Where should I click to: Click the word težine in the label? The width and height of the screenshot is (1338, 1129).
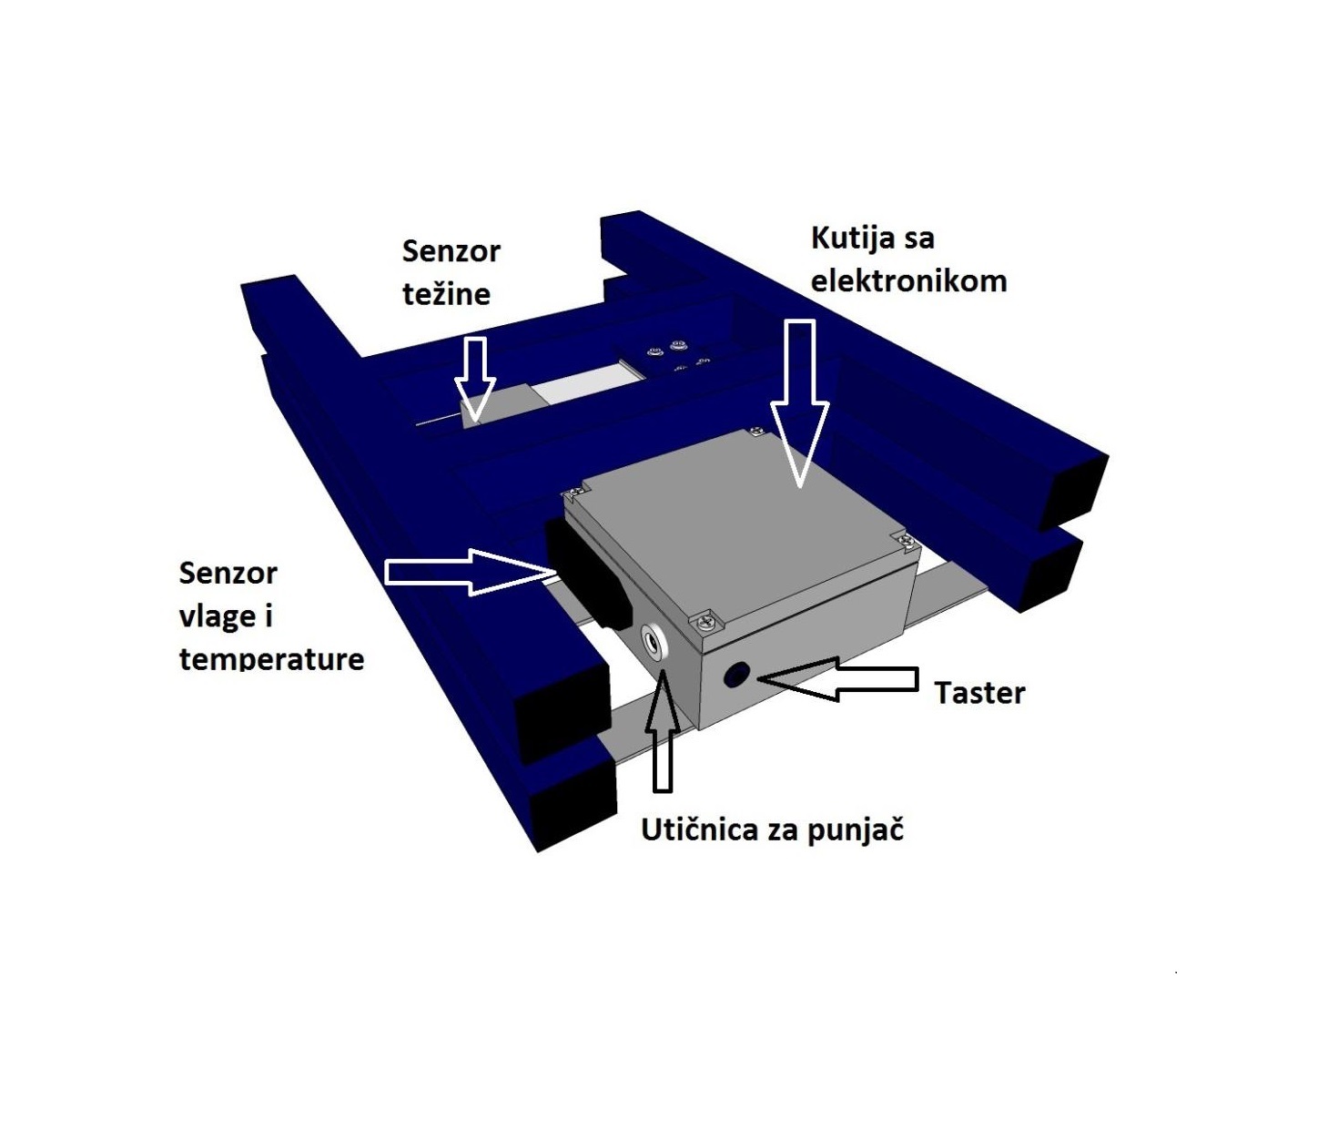[446, 294]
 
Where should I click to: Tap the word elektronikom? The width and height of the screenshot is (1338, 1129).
[908, 280]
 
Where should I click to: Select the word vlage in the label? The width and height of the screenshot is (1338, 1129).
[216, 616]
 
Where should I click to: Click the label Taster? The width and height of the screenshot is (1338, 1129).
[979, 693]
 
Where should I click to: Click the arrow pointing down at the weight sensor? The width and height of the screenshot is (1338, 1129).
[475, 380]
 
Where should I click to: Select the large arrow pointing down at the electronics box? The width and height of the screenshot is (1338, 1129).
[800, 404]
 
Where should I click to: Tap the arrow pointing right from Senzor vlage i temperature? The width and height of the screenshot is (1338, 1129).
[471, 572]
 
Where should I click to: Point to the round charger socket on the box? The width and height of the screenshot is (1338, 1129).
[654, 640]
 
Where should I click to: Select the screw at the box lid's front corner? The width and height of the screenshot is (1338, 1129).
[705, 620]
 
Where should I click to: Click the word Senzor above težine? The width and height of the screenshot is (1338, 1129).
[451, 251]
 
